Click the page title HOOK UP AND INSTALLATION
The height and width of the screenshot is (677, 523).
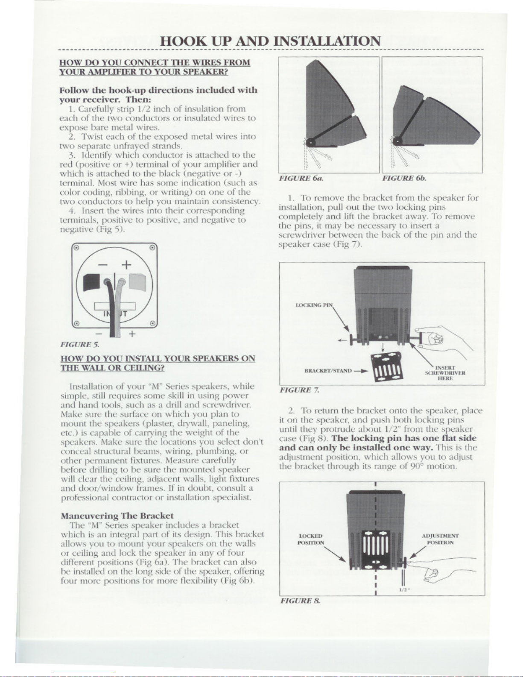[270, 41]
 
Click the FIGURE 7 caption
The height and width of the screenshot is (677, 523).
[299, 390]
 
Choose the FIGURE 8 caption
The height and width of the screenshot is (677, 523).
[300, 601]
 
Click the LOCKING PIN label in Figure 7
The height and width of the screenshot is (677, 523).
[314, 305]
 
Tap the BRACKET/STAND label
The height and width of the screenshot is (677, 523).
[328, 371]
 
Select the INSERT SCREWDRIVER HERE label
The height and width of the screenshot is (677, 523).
[445, 372]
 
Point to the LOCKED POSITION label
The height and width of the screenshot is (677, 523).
[311, 539]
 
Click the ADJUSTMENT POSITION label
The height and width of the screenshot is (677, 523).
[440, 539]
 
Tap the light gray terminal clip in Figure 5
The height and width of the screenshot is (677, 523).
[137, 281]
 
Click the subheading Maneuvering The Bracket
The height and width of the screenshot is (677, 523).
[117, 516]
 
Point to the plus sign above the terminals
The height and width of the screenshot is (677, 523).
[126, 265]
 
